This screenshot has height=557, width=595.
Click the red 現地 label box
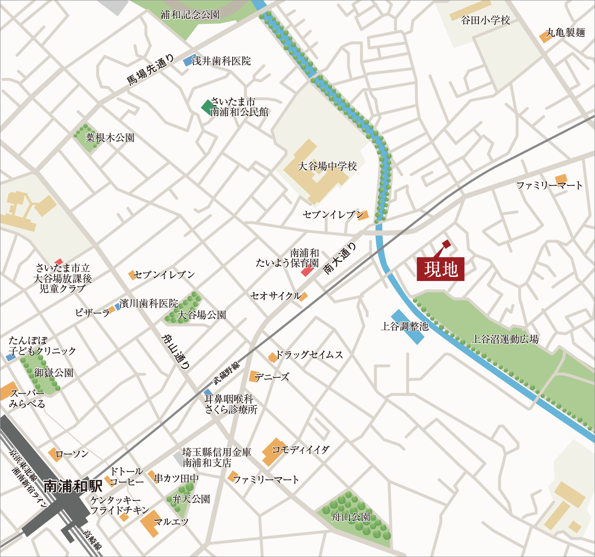pyautogui.click(x=440, y=269)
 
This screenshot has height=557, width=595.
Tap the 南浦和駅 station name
pyautogui.click(x=73, y=486)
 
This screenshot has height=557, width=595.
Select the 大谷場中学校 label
pyautogui.click(x=327, y=166)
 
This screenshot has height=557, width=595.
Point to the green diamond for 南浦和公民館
pyautogui.click(x=206, y=107)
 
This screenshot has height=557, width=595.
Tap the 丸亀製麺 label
pyautogui.click(x=565, y=33)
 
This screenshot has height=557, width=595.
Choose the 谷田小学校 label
pyautogui.click(x=485, y=20)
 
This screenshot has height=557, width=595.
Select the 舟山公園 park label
pyautogui.click(x=351, y=517)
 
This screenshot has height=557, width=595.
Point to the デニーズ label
pyautogui.click(x=272, y=377)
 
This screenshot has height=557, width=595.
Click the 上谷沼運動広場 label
pyautogui.click(x=506, y=339)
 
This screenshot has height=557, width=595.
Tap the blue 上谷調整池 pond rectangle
pyautogui.click(x=408, y=327)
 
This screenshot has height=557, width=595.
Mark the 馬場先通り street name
pyautogui.click(x=150, y=70)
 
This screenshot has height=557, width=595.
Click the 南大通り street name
pyautogui.click(x=340, y=259)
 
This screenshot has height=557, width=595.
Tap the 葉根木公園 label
pyautogui.click(x=110, y=137)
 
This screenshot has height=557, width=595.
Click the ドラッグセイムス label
pyautogui.click(x=309, y=355)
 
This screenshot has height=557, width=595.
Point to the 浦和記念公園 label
pyautogui.click(x=190, y=15)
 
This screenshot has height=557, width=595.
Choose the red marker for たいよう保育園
pyautogui.click(x=307, y=272)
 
